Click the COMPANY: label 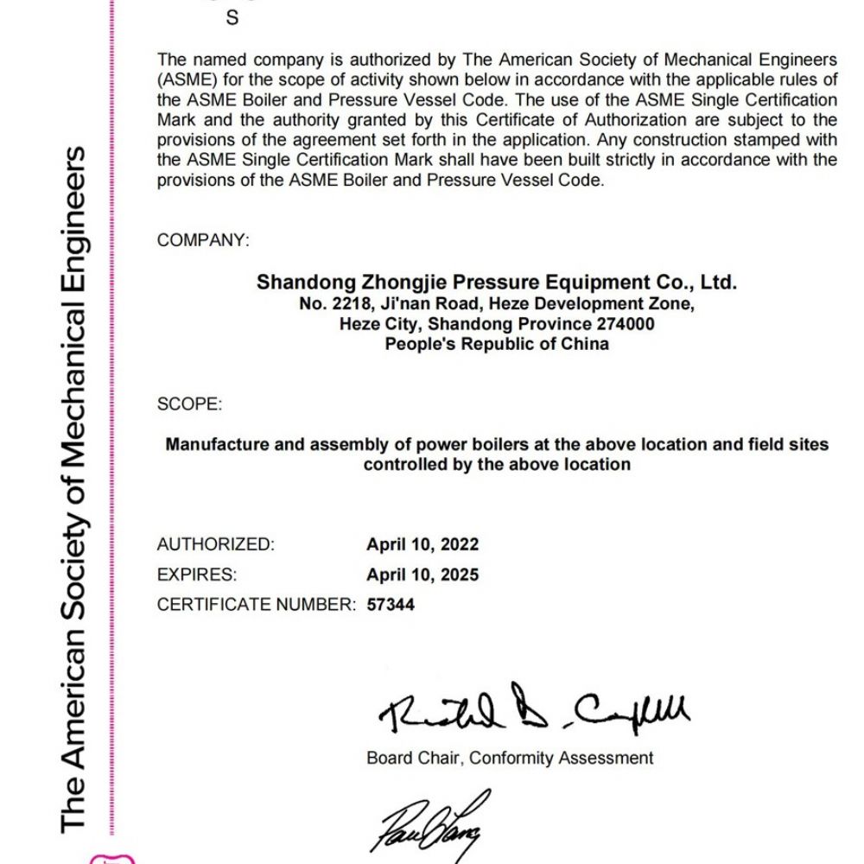pos(203,241)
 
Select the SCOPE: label pos(189,404)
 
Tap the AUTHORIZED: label pos(215,545)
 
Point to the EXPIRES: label pos(197,575)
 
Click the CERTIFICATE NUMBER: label pos(256,605)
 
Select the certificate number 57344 pos(391,605)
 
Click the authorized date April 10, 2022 pos(422,545)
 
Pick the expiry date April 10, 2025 pos(422,575)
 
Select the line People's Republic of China pos(497,345)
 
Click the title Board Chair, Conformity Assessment pos(510,759)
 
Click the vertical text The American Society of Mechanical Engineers pos(75,488)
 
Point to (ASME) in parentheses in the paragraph pos(182,79)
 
